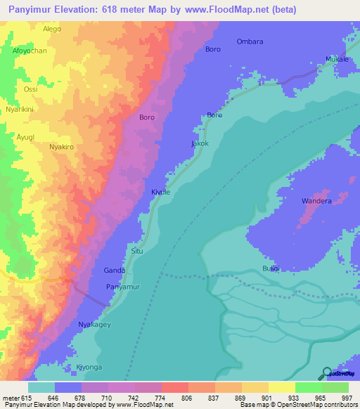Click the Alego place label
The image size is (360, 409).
(52, 29)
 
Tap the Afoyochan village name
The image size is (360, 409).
(29, 51)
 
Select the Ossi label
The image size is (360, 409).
(31, 89)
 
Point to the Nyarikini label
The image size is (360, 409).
(21, 110)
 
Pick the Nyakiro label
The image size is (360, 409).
(63, 147)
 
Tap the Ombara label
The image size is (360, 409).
(250, 41)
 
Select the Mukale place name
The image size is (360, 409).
(337, 60)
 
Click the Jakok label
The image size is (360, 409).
(200, 143)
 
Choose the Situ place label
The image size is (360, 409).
(138, 250)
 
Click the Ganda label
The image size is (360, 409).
(115, 271)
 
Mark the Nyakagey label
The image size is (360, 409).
(95, 324)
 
